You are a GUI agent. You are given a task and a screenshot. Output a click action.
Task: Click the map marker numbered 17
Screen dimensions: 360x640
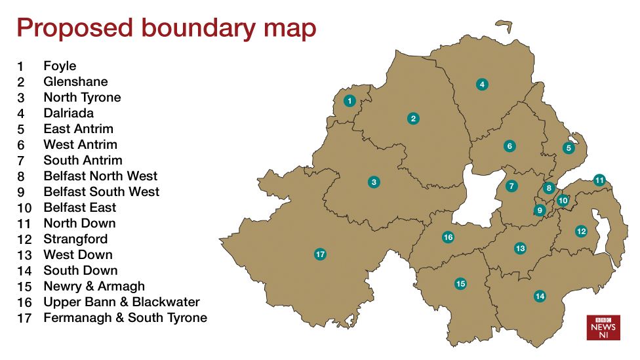click(320, 254)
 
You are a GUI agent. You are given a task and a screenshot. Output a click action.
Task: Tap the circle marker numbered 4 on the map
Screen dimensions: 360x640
click(482, 84)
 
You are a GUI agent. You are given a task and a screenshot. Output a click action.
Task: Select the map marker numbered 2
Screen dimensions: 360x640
click(413, 119)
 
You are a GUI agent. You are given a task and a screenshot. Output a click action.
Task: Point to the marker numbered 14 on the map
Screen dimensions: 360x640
click(540, 296)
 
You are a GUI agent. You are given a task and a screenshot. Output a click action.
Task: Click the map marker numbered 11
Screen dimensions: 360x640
click(599, 180)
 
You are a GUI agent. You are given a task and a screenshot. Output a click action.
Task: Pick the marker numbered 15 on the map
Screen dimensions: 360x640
click(460, 283)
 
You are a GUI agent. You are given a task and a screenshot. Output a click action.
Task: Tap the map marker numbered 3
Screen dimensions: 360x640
click(374, 182)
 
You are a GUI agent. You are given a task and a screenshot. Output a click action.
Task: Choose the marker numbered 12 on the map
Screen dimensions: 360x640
click(581, 231)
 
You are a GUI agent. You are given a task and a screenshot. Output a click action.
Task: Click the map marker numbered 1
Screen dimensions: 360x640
click(350, 101)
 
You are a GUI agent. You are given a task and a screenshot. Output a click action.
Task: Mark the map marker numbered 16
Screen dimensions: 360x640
click(448, 237)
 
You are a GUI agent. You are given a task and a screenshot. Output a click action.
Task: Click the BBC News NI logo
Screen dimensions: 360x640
click(603, 327)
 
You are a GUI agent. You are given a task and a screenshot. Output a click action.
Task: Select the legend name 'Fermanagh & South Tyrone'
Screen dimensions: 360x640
click(125, 318)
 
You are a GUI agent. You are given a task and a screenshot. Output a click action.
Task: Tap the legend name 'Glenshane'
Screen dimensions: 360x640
click(75, 82)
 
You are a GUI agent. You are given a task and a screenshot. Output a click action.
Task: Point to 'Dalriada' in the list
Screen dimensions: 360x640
click(69, 113)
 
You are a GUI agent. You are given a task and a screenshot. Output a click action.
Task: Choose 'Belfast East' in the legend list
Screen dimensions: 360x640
click(79, 208)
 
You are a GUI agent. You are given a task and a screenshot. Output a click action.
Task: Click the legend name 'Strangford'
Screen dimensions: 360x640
click(75, 239)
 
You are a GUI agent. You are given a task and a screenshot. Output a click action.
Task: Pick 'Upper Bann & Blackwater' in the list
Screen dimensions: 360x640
click(121, 302)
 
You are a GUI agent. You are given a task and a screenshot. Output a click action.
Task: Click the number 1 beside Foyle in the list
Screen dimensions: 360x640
click(20, 67)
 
